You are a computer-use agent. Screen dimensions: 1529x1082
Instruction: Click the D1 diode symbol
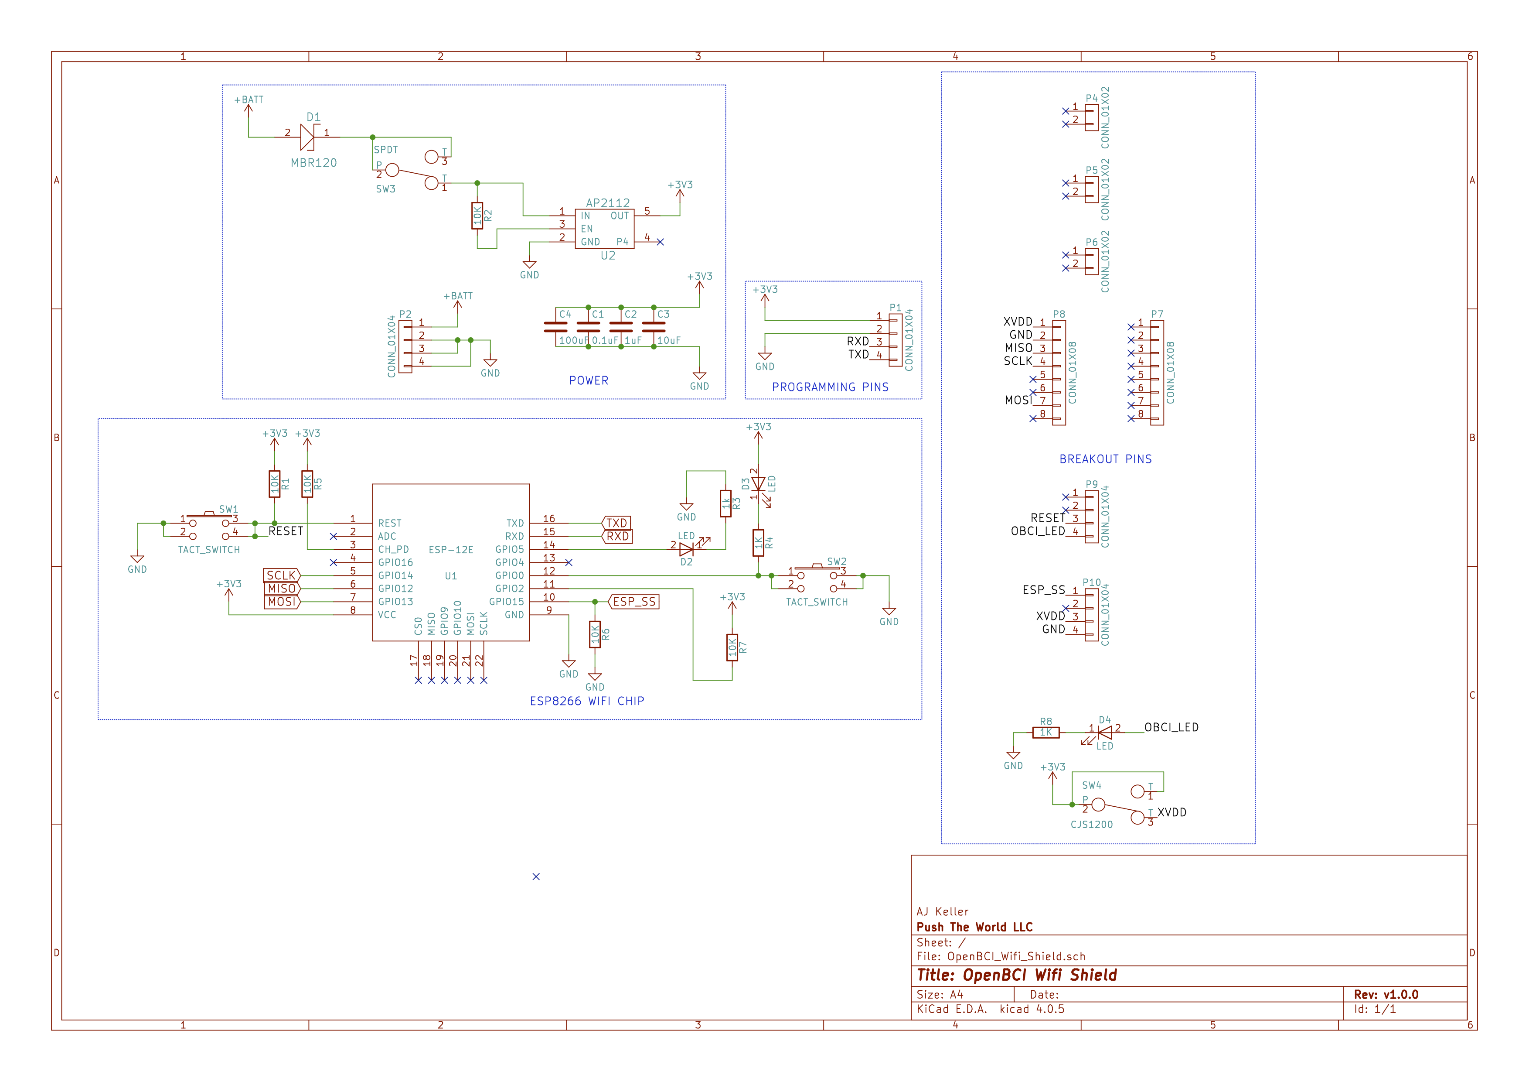tap(308, 137)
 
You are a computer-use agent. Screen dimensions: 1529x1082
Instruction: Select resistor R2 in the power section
tap(477, 216)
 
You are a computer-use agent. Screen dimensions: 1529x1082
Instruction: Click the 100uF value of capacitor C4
tap(573, 340)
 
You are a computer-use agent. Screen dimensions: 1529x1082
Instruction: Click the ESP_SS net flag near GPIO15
tap(633, 602)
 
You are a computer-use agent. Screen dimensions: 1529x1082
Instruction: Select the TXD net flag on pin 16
tap(616, 523)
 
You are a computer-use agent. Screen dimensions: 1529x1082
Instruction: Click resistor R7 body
tap(732, 647)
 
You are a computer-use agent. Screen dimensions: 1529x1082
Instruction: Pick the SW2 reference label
tap(836, 562)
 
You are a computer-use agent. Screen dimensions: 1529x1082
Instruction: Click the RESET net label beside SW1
tap(286, 531)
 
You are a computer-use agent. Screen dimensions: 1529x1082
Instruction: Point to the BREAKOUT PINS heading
tap(1106, 459)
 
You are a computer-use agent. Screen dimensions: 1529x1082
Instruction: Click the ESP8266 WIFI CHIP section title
tap(587, 701)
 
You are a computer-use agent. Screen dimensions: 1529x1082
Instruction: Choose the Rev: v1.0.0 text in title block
tap(1386, 995)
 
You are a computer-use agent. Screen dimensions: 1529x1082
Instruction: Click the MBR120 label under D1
tap(313, 163)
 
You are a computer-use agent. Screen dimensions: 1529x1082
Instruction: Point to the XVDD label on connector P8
tap(1018, 322)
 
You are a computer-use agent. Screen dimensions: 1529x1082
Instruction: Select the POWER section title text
tap(589, 380)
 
